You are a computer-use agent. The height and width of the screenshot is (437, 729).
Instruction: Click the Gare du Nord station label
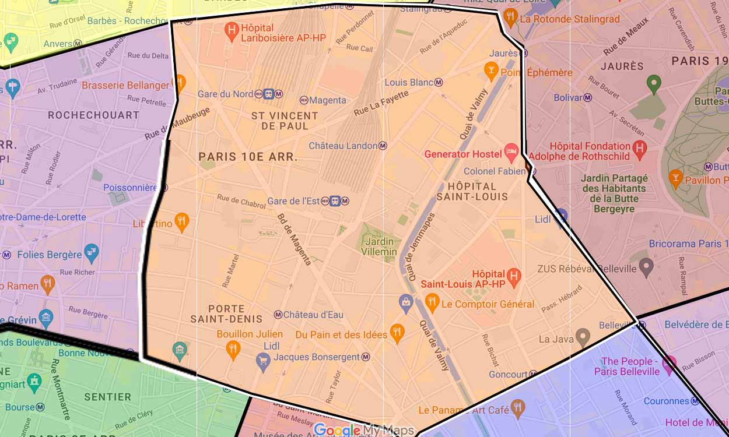(x=225, y=94)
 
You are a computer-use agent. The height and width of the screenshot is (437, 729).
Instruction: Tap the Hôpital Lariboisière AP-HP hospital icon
(x=232, y=32)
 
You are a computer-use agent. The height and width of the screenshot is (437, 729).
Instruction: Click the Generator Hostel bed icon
(x=511, y=153)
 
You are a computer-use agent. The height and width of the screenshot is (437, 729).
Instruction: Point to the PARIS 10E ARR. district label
(x=248, y=157)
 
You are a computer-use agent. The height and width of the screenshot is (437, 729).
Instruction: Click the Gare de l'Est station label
(x=293, y=201)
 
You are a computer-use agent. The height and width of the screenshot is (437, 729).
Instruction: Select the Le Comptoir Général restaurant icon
(x=432, y=302)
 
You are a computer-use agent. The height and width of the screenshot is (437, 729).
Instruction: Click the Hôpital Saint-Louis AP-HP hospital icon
(x=513, y=277)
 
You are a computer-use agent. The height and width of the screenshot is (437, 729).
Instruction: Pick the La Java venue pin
(x=582, y=336)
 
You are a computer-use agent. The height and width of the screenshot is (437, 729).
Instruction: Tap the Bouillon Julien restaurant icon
(x=233, y=349)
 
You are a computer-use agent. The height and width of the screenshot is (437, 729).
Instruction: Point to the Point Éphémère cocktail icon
(x=491, y=71)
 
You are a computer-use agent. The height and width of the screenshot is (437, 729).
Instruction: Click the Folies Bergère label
(x=50, y=255)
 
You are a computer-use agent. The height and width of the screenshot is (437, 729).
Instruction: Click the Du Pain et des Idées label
(x=341, y=334)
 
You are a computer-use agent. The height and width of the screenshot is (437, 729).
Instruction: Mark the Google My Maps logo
(x=363, y=430)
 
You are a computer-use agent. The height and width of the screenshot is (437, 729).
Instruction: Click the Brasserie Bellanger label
(x=125, y=85)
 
